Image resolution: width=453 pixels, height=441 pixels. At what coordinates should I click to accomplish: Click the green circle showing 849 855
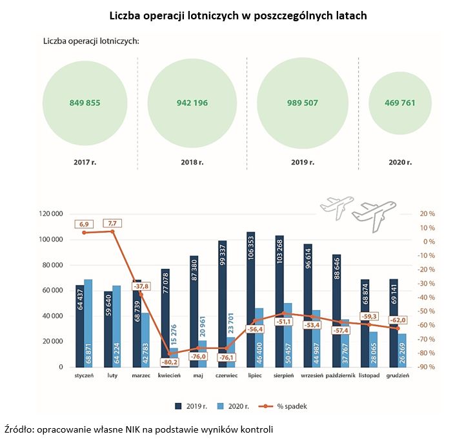coord(85,103)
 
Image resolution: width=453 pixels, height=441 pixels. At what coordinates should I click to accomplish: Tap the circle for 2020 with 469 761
coord(400,103)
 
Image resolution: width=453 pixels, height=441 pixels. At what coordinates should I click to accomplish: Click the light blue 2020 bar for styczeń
coord(88,322)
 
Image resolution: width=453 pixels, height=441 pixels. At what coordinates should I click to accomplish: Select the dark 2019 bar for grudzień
coord(394,322)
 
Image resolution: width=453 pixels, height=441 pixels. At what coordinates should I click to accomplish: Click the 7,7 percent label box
coord(112,223)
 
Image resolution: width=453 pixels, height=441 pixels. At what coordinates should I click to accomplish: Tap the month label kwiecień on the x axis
coord(169,375)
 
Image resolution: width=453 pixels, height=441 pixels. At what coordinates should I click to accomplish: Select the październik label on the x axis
coord(341,375)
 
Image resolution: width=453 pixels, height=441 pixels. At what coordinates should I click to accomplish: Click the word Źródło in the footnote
coord(19,429)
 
